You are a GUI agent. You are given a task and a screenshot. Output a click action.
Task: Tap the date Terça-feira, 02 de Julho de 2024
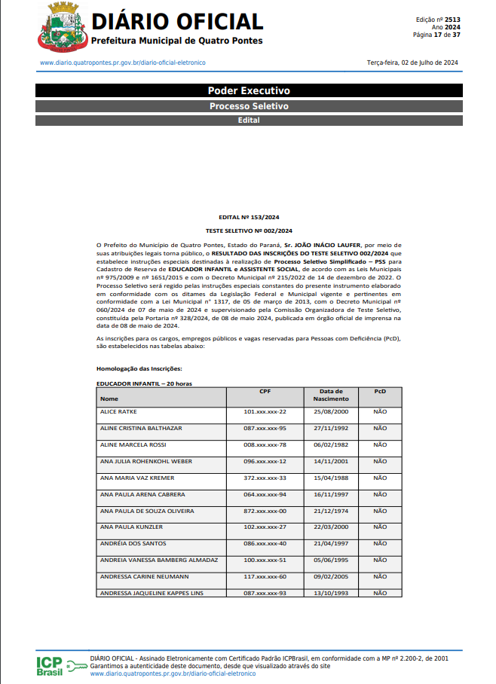click(412, 63)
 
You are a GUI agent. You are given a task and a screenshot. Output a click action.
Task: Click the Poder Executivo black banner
click(248, 90)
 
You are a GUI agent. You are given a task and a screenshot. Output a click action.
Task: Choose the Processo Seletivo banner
click(248, 106)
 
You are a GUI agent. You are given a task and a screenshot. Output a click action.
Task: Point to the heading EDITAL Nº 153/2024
click(248, 217)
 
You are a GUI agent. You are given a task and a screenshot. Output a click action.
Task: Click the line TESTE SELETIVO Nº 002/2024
click(248, 230)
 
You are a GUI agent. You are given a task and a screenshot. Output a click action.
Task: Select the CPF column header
click(265, 392)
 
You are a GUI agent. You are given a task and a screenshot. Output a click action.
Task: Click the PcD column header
click(380, 392)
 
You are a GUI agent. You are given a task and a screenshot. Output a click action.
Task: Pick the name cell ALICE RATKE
click(118, 412)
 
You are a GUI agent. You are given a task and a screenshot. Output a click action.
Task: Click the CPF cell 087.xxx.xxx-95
click(265, 429)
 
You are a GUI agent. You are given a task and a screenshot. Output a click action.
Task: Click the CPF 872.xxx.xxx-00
click(265, 511)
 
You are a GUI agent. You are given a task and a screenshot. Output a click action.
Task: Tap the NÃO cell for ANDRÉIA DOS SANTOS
click(380, 544)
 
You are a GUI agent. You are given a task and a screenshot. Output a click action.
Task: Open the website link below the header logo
click(122, 63)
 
